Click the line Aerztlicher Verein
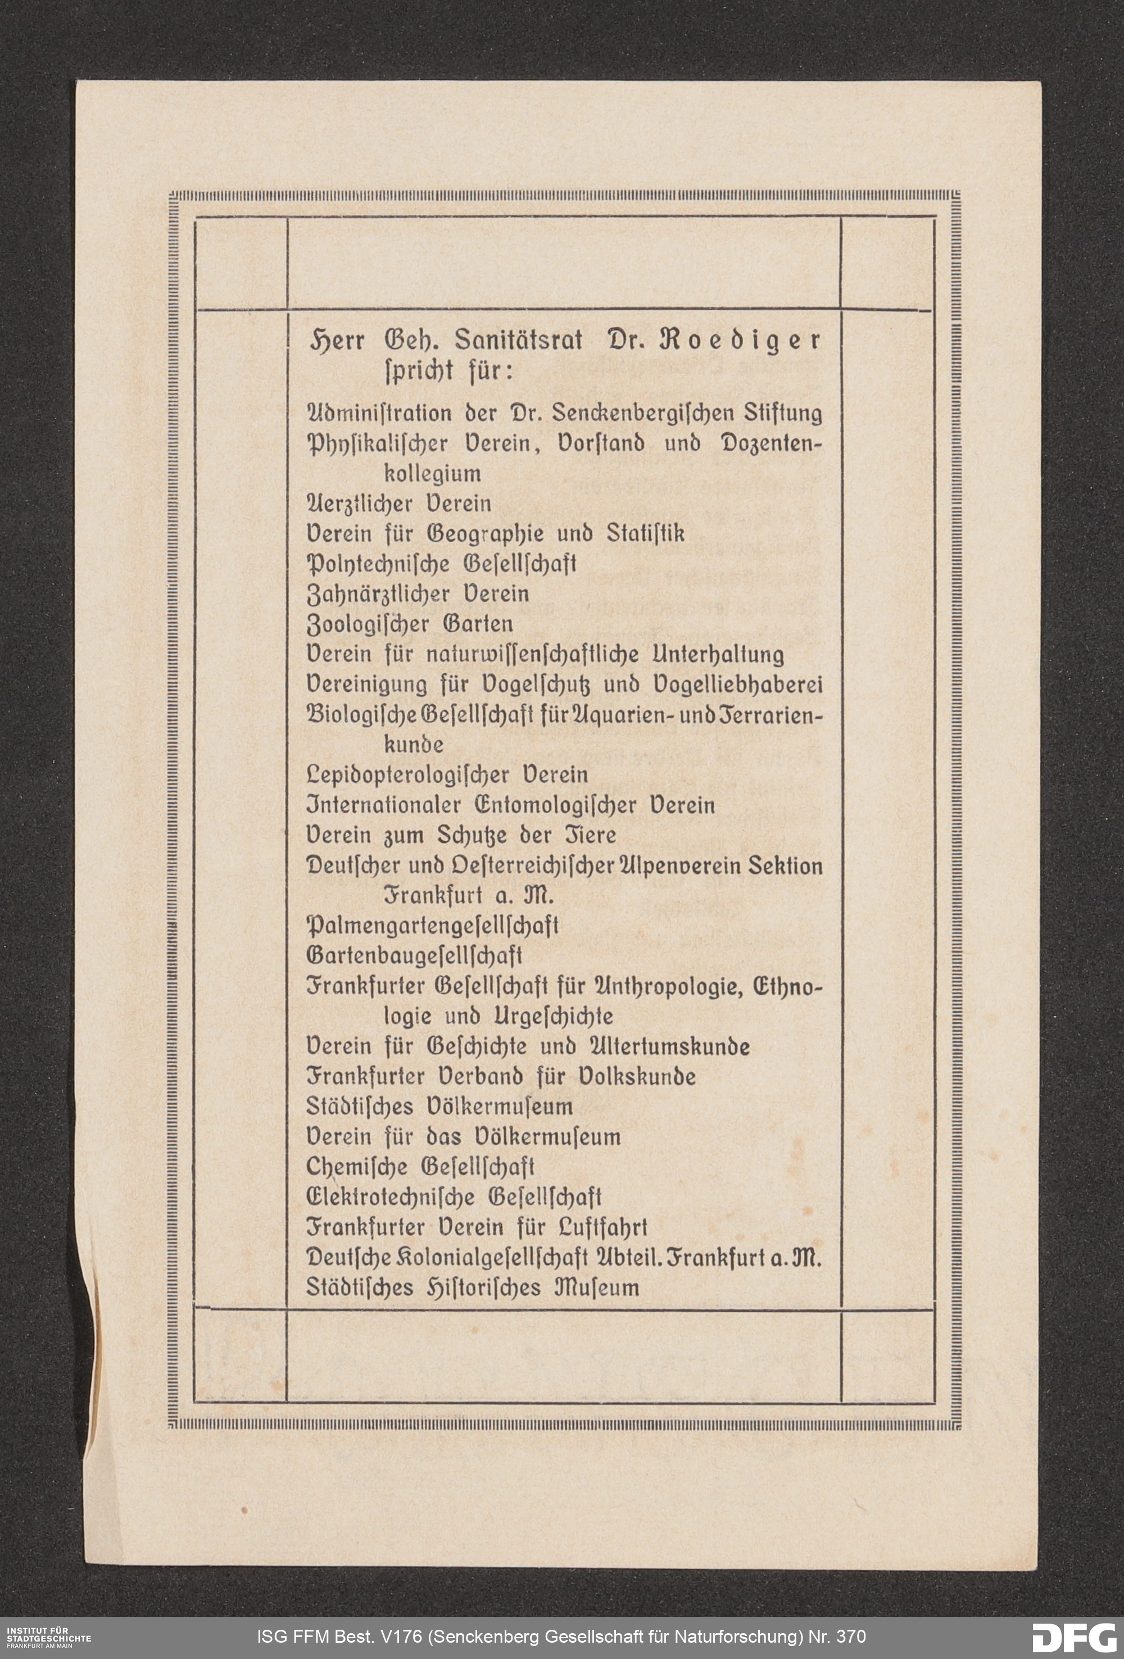pyautogui.click(x=398, y=504)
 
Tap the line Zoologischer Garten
pyautogui.click(x=409, y=624)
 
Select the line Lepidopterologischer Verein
pyautogui.click(x=447, y=775)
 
